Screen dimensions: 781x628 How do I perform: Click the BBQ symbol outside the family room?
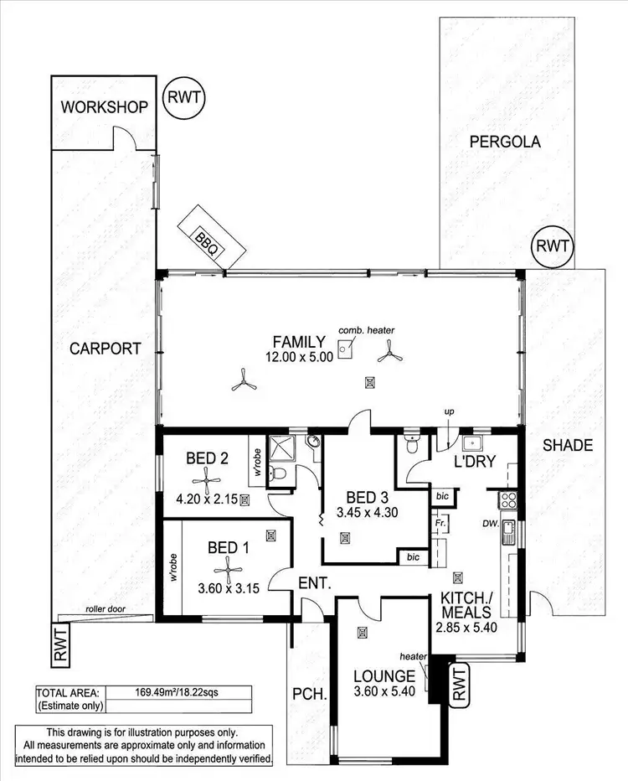point(207,237)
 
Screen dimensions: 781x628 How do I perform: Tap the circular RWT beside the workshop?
point(183,97)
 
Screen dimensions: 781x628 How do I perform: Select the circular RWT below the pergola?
point(553,247)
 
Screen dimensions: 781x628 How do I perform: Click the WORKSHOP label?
point(104,106)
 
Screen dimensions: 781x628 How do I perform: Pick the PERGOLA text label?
point(504,142)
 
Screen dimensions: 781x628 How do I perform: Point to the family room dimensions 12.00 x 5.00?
point(300,356)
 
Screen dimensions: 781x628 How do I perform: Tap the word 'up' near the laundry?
point(449,412)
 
